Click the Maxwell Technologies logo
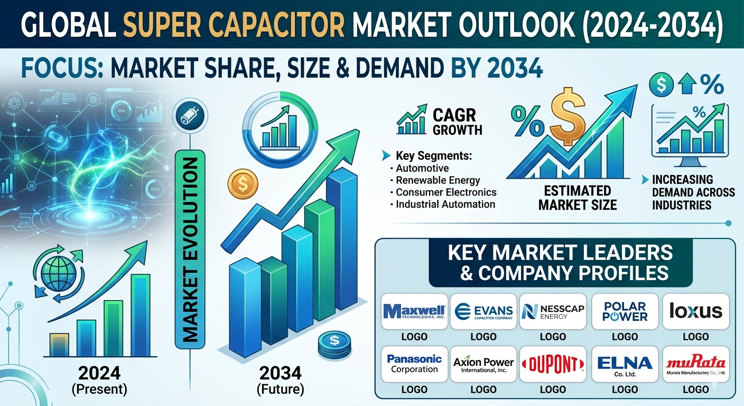(414, 311)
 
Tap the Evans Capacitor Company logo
(483, 312)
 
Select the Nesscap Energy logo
(553, 312)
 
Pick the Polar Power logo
(625, 312)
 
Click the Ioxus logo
(696, 311)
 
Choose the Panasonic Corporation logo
(414, 364)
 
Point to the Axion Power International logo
(483, 364)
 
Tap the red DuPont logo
(553, 364)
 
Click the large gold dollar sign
(568, 116)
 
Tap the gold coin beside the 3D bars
(243, 184)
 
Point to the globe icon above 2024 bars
(59, 274)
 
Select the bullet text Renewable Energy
(438, 180)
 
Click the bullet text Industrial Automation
(445, 204)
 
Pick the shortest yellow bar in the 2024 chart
(59, 345)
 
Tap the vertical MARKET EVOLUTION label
(190, 250)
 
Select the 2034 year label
(281, 373)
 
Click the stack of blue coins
(334, 346)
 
